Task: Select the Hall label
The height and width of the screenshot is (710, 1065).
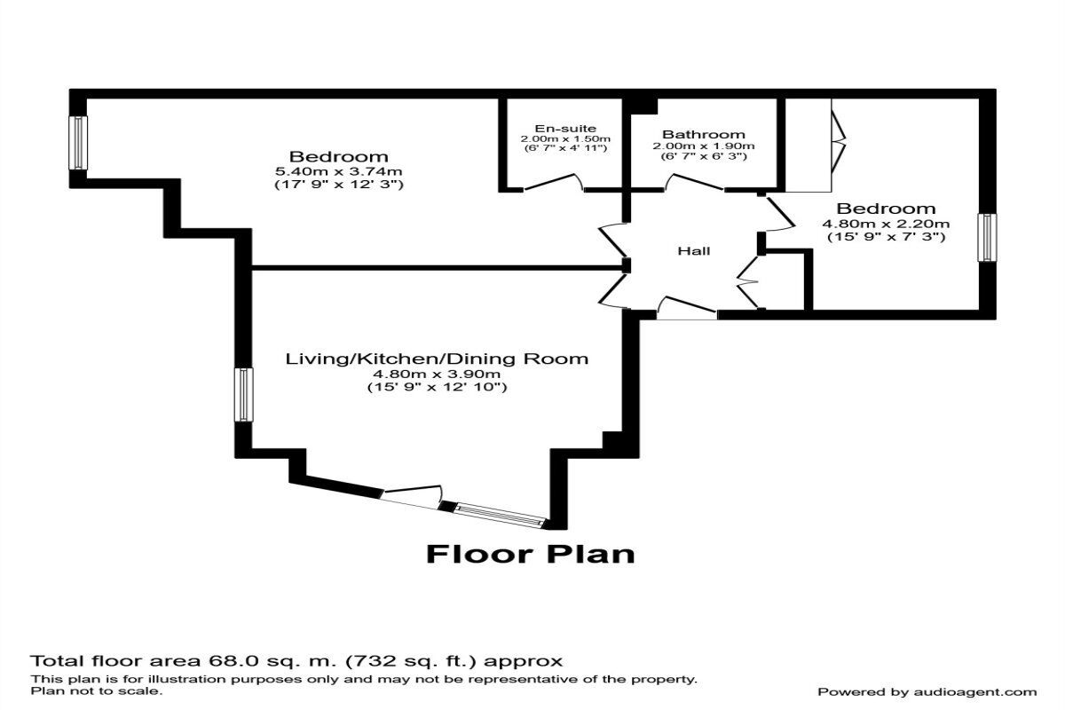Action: pyautogui.click(x=693, y=251)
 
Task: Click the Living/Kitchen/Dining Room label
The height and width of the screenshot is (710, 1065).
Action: pyautogui.click(x=437, y=359)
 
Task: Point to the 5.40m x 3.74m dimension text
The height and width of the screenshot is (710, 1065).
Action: pyautogui.click(x=339, y=171)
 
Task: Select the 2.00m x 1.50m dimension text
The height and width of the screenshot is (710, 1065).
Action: pyautogui.click(x=566, y=139)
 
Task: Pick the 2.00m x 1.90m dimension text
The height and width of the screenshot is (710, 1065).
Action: pyautogui.click(x=703, y=146)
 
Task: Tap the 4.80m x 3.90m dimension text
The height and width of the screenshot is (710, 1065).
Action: pyautogui.click(x=437, y=374)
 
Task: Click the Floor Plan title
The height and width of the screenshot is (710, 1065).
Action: pyautogui.click(x=531, y=554)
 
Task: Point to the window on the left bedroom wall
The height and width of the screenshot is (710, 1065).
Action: pyautogui.click(x=79, y=143)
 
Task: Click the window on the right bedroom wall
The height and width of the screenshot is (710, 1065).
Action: pyautogui.click(x=986, y=238)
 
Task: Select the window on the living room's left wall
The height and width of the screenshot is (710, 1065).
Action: pyautogui.click(x=242, y=395)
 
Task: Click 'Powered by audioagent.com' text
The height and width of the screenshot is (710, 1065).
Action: pyautogui.click(x=927, y=691)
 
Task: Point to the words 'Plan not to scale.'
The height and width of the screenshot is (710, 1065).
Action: pyautogui.click(x=97, y=690)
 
